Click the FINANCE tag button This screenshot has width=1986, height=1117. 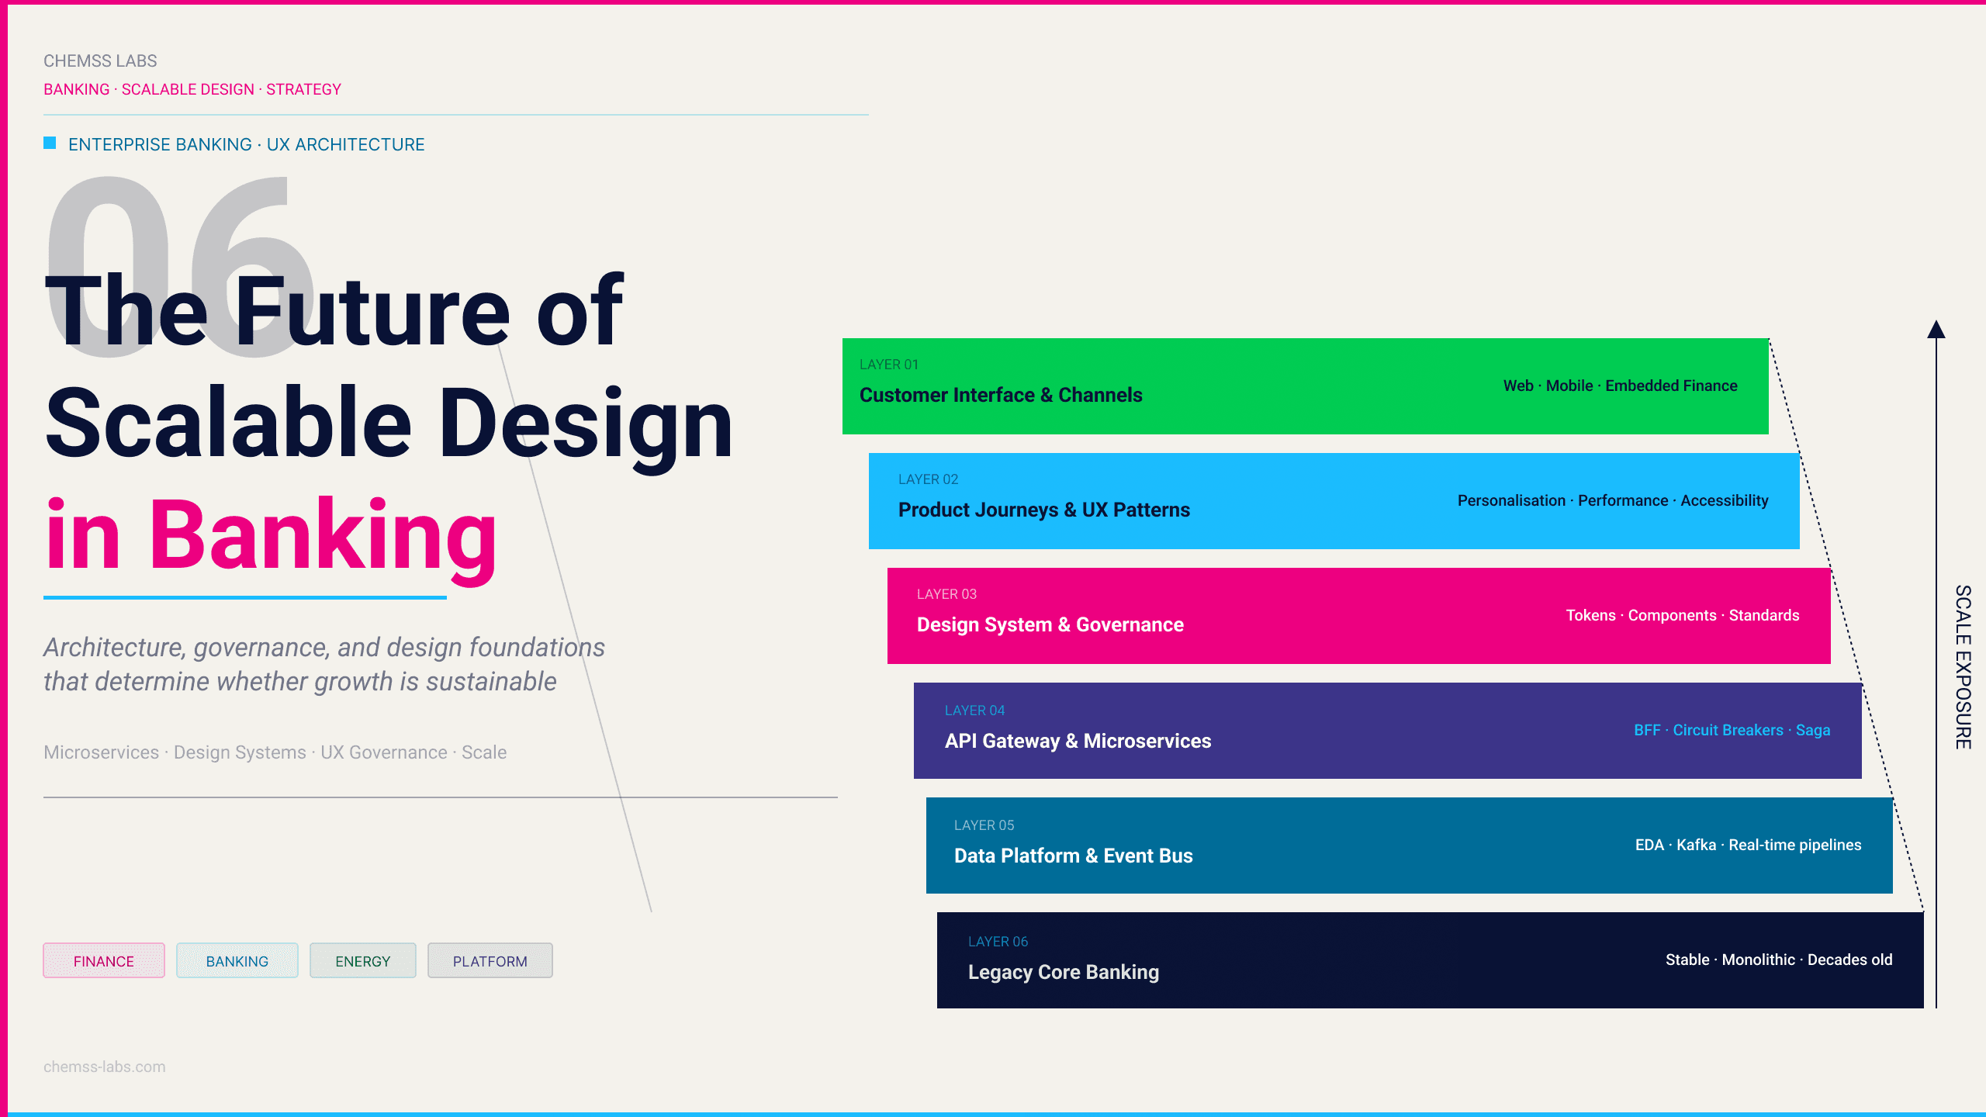(104, 960)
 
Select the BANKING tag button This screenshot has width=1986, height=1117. (237, 960)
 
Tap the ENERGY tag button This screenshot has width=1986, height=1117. (363, 960)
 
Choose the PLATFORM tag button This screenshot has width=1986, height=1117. (490, 960)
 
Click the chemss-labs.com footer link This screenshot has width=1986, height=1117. (105, 1067)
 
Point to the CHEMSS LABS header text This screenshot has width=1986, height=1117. (100, 61)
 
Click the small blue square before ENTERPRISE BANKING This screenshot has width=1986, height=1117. (50, 143)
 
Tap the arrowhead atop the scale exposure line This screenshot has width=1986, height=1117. (1936, 330)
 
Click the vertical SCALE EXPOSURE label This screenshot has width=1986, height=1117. (1963, 667)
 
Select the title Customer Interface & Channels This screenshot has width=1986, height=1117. (1001, 395)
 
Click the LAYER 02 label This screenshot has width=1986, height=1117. (928, 479)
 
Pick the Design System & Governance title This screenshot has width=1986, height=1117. (1050, 624)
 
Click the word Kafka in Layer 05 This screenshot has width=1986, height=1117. (1697, 845)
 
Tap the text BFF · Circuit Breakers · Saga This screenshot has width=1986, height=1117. (1732, 730)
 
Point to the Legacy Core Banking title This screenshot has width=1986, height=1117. (1064, 973)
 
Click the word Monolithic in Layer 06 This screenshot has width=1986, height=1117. (1759, 960)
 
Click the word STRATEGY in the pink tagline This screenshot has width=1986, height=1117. (304, 89)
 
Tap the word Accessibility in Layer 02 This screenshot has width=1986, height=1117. (1725, 501)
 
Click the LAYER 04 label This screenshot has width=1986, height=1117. (974, 711)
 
